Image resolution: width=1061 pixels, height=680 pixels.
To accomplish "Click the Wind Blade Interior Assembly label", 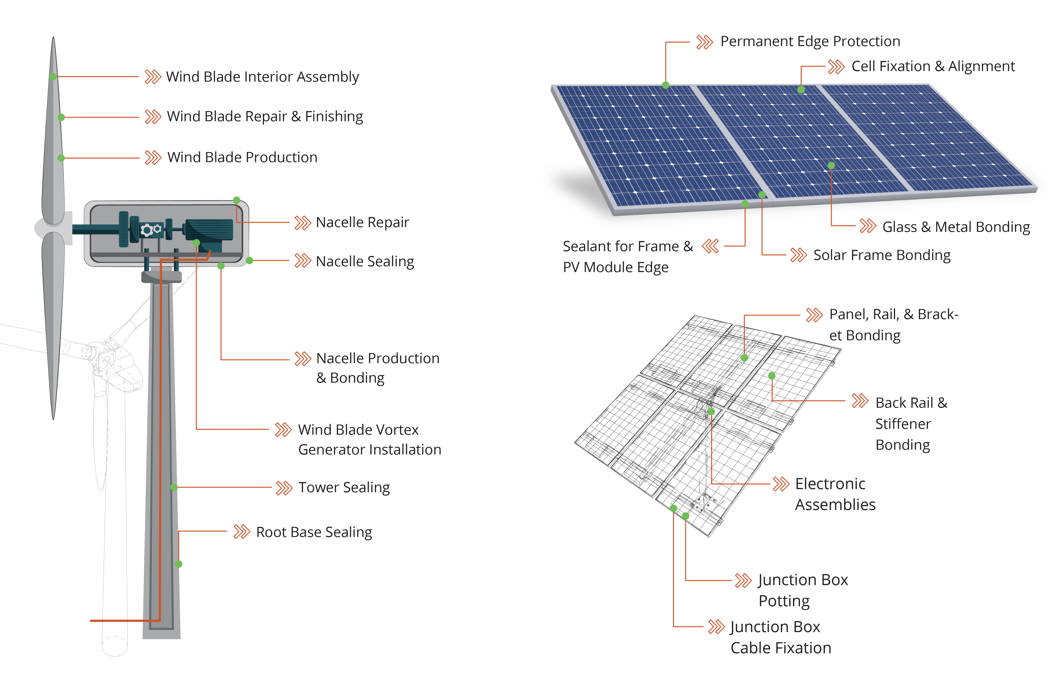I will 262,77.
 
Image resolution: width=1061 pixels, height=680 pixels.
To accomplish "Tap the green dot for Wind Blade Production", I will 61,158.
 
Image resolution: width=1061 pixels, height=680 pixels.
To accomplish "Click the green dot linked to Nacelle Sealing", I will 250,261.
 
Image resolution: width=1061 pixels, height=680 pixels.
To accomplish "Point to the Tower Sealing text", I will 344,488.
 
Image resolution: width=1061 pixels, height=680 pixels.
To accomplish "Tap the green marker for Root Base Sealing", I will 179,564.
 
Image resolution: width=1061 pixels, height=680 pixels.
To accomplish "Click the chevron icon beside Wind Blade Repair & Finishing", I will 153,117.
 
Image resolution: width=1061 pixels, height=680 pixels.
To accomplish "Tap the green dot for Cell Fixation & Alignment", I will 801,90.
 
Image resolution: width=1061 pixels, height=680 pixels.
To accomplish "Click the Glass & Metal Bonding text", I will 956,227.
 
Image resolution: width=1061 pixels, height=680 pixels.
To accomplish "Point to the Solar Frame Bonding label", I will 882,255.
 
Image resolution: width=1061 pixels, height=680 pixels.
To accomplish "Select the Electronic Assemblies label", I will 835,494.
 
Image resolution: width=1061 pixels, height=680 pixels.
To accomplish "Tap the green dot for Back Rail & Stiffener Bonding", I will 772,376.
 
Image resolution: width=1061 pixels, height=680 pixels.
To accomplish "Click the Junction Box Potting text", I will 802,590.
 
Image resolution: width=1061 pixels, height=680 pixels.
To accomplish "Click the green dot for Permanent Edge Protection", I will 666,85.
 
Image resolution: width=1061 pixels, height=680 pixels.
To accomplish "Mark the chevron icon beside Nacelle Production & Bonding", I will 303,359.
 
